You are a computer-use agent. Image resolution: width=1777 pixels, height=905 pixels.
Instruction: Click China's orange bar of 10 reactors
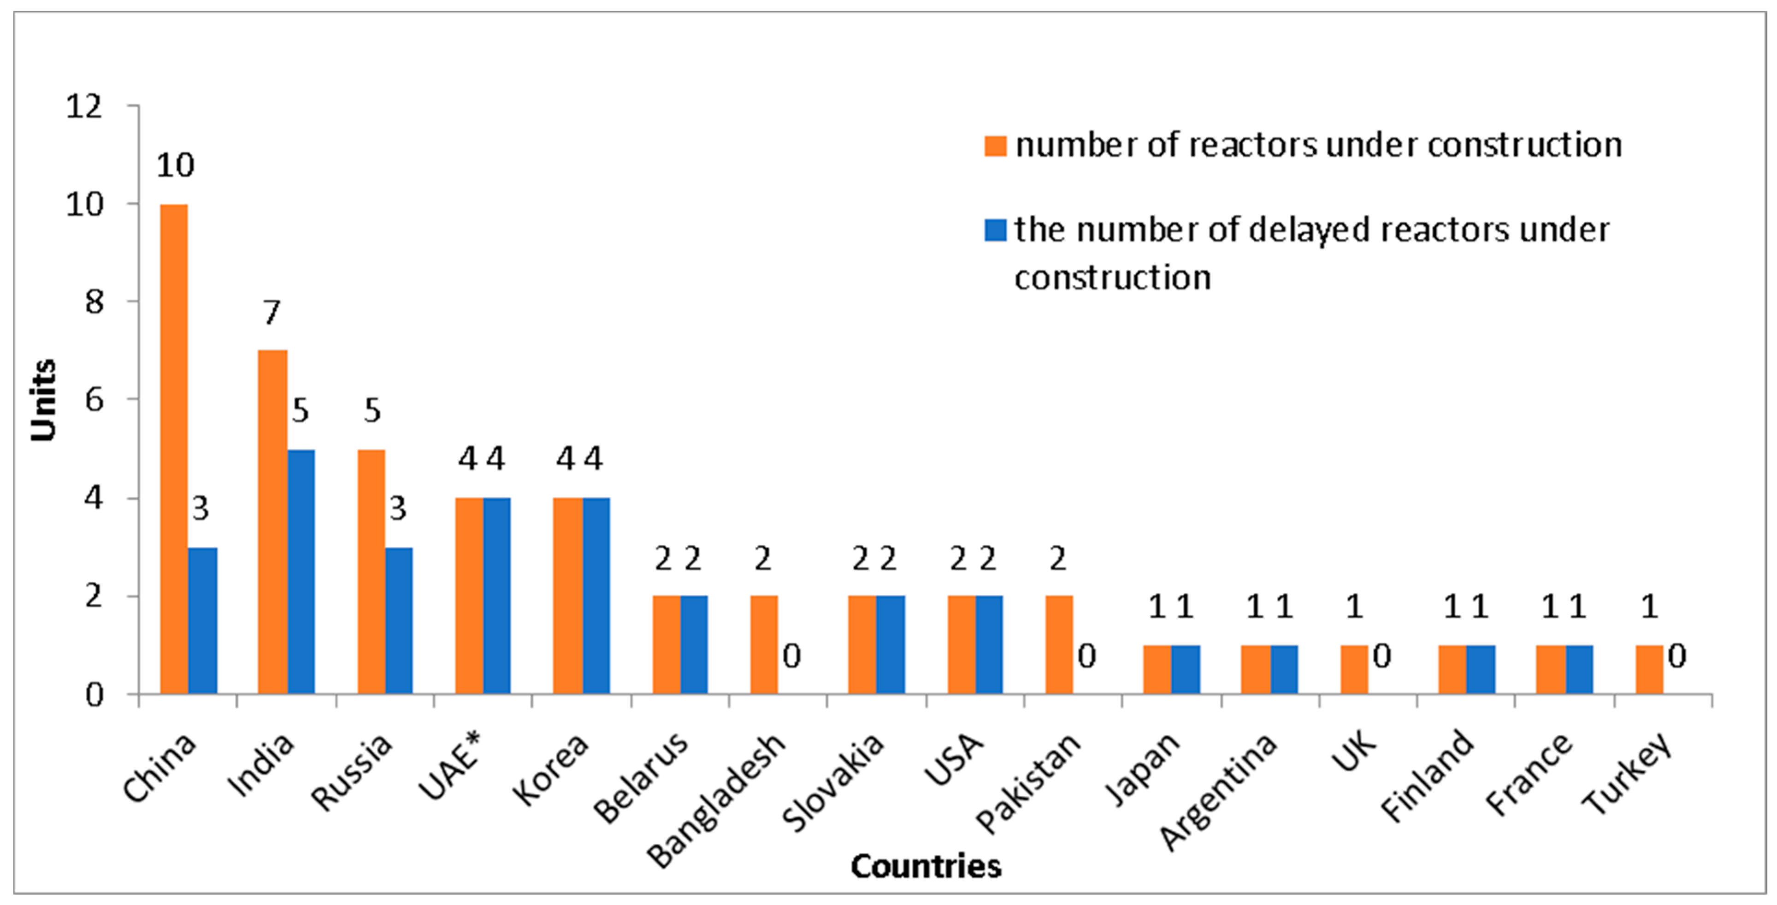click(x=174, y=449)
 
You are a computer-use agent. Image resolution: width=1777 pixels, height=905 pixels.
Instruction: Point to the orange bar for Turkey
click(x=1649, y=669)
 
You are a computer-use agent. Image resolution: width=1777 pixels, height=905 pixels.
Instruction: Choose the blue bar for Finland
click(x=1481, y=669)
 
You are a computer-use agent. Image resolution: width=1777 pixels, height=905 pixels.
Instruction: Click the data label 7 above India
click(x=272, y=313)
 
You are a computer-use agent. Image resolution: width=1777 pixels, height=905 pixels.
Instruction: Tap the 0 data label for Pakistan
click(x=1086, y=656)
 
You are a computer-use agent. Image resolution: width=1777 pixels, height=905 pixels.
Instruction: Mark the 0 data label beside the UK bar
click(x=1381, y=656)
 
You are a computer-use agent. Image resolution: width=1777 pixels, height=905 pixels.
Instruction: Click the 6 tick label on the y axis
click(x=94, y=400)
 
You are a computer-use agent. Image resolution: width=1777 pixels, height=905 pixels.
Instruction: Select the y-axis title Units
click(x=43, y=400)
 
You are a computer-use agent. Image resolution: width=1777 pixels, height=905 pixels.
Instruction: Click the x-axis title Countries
click(x=925, y=866)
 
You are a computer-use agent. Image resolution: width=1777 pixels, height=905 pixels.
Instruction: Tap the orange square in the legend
click(x=995, y=146)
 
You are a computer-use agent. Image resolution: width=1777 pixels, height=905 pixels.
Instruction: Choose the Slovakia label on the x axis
click(x=833, y=783)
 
